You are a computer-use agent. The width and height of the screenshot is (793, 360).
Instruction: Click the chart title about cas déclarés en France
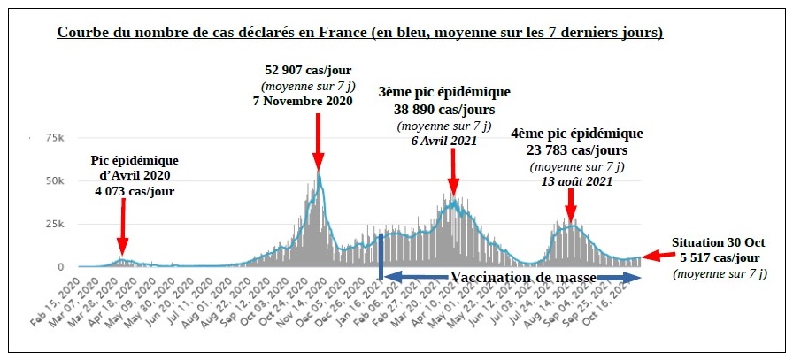(360, 34)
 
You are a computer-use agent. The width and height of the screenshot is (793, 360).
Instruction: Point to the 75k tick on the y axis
(54, 138)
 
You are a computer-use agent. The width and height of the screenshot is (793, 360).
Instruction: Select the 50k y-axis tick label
(54, 180)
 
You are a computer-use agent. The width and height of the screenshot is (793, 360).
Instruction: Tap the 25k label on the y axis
(54, 224)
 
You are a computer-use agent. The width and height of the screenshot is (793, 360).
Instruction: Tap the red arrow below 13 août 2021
(571, 205)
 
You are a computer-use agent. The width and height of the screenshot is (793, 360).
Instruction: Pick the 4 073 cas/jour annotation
(135, 190)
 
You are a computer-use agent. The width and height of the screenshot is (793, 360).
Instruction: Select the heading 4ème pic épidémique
(576, 134)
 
